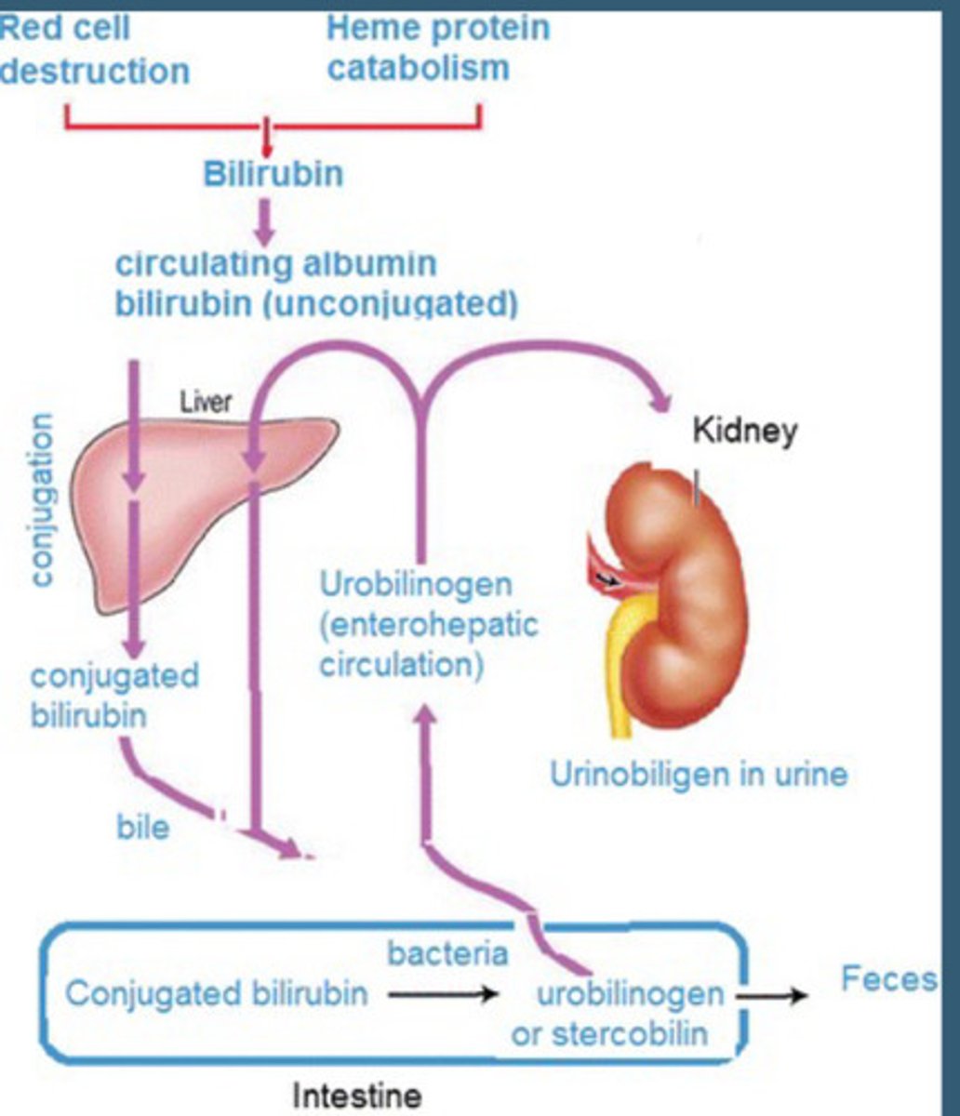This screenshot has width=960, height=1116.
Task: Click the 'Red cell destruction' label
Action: tap(93, 50)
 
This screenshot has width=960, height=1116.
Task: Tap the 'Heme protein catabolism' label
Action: tap(437, 47)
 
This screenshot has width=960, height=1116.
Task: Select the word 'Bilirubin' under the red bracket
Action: tap(273, 173)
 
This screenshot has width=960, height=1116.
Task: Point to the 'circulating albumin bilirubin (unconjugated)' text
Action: tap(315, 283)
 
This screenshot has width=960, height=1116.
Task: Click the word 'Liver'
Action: tap(206, 403)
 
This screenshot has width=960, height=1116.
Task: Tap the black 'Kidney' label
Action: tap(744, 431)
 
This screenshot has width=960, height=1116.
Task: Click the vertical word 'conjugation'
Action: tap(42, 500)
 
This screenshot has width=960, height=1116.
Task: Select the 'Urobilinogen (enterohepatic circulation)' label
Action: tap(428, 626)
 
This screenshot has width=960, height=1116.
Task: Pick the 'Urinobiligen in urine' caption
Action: tap(699, 774)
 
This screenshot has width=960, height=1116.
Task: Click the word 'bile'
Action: tap(142, 827)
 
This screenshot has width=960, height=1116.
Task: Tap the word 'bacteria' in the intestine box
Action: tap(447, 954)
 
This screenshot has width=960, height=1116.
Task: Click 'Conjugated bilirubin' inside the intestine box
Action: tap(216, 994)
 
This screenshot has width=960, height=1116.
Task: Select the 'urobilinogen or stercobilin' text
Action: tap(618, 1013)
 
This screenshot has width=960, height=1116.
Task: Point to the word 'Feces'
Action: tap(888, 978)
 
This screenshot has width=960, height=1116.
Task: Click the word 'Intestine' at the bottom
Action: tap(356, 1096)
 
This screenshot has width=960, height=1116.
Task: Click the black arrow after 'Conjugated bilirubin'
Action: tap(443, 995)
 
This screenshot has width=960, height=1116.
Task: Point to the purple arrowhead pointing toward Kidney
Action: tap(661, 404)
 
